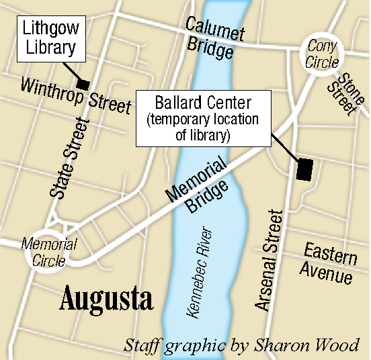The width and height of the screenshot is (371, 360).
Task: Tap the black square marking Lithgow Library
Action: point(83,85)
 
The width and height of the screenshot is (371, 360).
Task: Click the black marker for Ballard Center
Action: point(304,169)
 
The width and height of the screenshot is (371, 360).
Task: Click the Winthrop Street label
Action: point(75,96)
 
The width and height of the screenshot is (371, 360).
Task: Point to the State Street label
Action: point(69,158)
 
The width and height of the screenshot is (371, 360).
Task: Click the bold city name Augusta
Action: point(106,299)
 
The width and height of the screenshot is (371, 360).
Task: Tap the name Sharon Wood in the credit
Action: point(319,345)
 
